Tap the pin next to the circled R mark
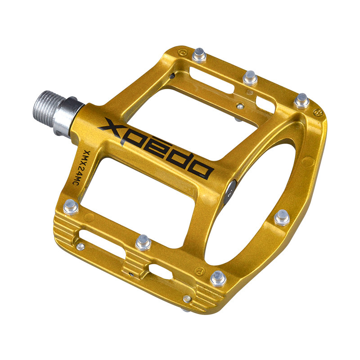click(218, 279)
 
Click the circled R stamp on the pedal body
click(199, 271)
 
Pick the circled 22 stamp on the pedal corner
click(318, 112)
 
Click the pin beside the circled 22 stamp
click(301, 101)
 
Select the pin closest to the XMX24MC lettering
click(71, 207)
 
